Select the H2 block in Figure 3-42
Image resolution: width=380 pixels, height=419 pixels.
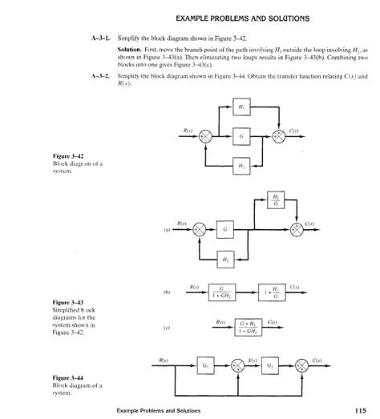tap(239, 165)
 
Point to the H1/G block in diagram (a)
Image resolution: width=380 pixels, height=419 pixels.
tap(275, 199)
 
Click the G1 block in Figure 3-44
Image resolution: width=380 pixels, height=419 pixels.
tap(204, 365)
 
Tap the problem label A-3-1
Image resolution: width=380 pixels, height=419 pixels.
tap(99, 38)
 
